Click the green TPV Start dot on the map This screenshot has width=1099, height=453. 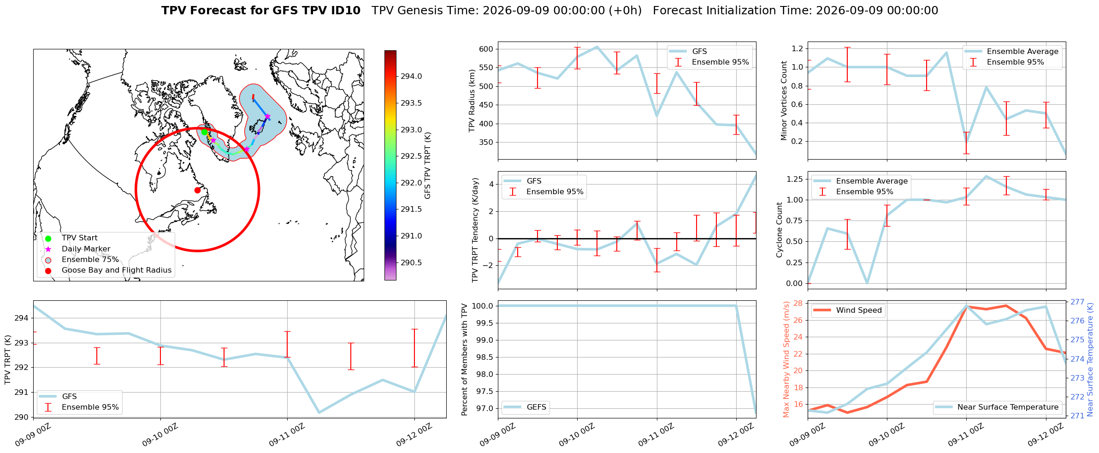click(204, 132)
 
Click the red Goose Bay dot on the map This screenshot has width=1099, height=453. click(197, 190)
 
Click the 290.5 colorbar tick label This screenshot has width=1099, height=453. click(411, 262)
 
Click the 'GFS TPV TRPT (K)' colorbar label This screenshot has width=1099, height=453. click(428, 166)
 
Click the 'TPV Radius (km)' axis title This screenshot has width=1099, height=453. click(472, 101)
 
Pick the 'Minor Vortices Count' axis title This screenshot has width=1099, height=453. click(784, 101)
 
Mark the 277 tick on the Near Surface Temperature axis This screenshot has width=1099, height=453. click(1076, 302)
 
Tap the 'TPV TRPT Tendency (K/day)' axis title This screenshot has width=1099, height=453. click(475, 230)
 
